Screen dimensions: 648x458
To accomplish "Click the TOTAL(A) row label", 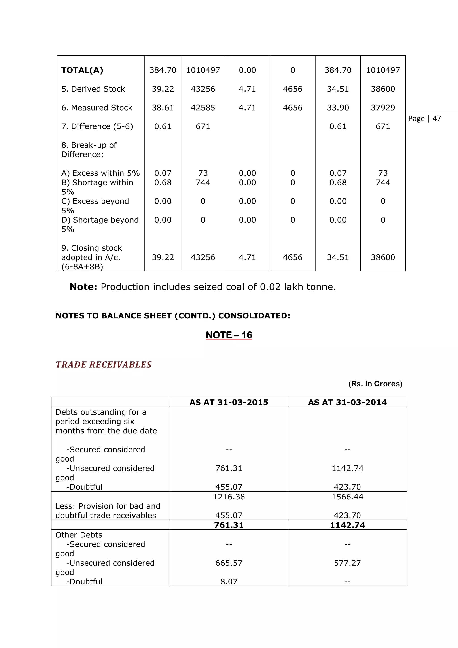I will pyautogui.click(x=82, y=70).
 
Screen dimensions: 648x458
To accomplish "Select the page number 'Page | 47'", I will pyautogui.click(x=424, y=119).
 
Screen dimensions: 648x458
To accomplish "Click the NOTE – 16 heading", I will pyautogui.click(x=229, y=335).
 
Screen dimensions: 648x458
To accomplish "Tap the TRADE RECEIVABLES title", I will pyautogui.click(x=104, y=365).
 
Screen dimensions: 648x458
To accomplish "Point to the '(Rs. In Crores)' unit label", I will pyautogui.click(x=375, y=384).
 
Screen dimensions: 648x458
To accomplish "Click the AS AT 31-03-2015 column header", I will pyautogui.click(x=229, y=402).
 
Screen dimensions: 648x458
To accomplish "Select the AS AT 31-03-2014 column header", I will pyautogui.click(x=347, y=402).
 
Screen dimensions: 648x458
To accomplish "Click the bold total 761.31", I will pyautogui.click(x=229, y=525).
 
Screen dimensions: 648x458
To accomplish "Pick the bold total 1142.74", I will pyautogui.click(x=347, y=525).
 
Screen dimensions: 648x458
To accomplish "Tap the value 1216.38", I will pyautogui.click(x=229, y=497).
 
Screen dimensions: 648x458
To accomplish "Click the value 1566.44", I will pyautogui.click(x=347, y=497).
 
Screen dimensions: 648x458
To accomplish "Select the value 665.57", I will pyautogui.click(x=229, y=563).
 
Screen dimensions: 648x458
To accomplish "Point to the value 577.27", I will pyautogui.click(x=347, y=563).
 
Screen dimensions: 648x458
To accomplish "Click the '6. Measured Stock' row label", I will pyautogui.click(x=97, y=108).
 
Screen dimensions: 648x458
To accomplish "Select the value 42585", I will pyautogui.click(x=203, y=108).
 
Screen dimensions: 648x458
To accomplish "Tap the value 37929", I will pyautogui.click(x=383, y=108).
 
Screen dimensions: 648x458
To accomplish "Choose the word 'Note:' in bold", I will pyautogui.click(x=83, y=287).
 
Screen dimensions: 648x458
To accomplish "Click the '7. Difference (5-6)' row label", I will pyautogui.click(x=97, y=126).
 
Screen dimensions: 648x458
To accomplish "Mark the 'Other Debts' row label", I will pyautogui.click(x=79, y=535).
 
